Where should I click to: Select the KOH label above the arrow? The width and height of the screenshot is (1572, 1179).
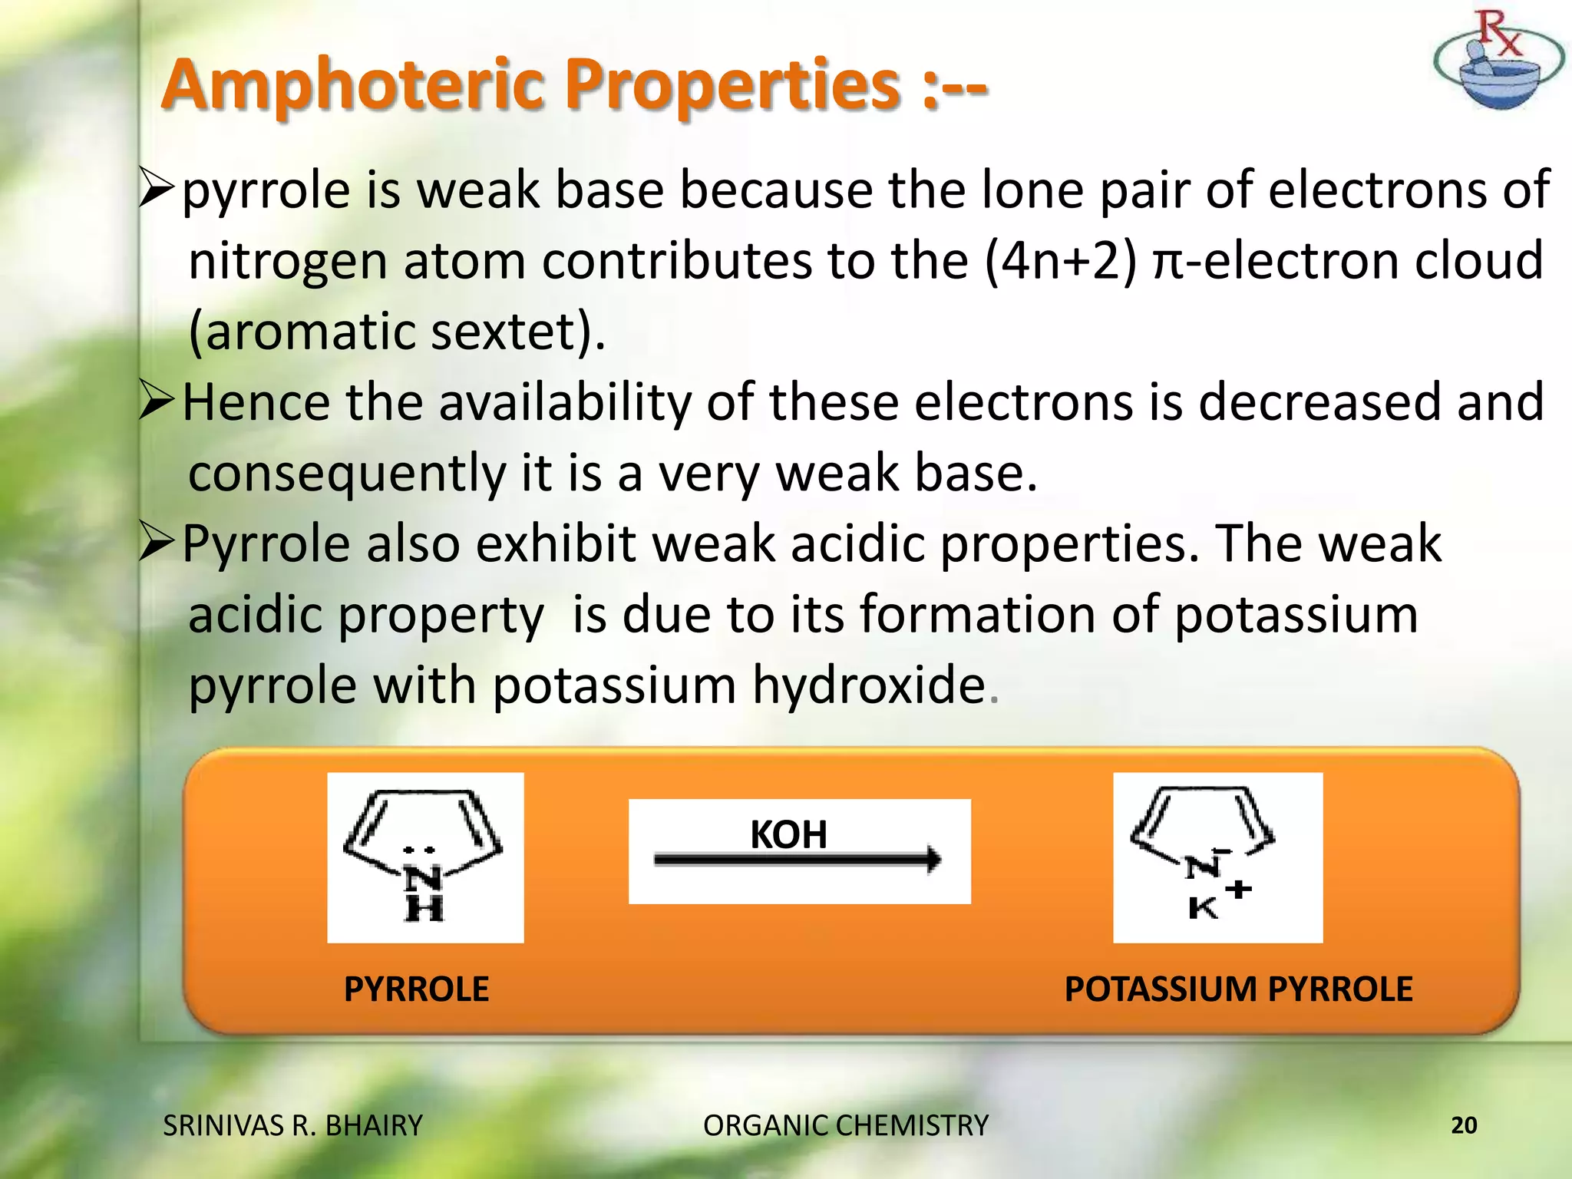pyautogui.click(x=788, y=834)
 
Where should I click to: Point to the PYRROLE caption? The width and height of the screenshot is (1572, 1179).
pyautogui.click(x=416, y=989)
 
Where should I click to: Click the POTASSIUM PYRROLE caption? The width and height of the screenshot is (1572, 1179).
pyautogui.click(x=1238, y=989)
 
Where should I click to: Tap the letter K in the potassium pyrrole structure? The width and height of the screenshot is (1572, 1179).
pyautogui.click(x=1202, y=909)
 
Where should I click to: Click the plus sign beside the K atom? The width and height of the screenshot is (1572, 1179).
pyautogui.click(x=1238, y=890)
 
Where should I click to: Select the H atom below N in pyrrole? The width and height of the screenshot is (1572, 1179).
pyautogui.click(x=424, y=910)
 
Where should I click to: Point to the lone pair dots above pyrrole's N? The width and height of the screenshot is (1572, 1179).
pyautogui.click(x=419, y=850)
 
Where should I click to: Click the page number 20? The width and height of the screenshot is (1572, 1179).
pyautogui.click(x=1464, y=1125)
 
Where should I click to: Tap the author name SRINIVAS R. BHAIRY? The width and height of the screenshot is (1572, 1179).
pyautogui.click(x=292, y=1125)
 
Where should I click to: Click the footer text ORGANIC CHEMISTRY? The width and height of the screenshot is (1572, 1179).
pyautogui.click(x=845, y=1125)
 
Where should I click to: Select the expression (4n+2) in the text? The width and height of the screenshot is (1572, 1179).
pyautogui.click(x=1060, y=261)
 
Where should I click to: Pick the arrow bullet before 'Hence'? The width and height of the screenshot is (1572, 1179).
pyautogui.click(x=157, y=402)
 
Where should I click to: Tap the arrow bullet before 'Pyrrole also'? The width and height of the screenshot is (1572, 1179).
pyautogui.click(x=157, y=543)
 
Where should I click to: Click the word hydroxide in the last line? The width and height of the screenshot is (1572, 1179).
pyautogui.click(x=868, y=685)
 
